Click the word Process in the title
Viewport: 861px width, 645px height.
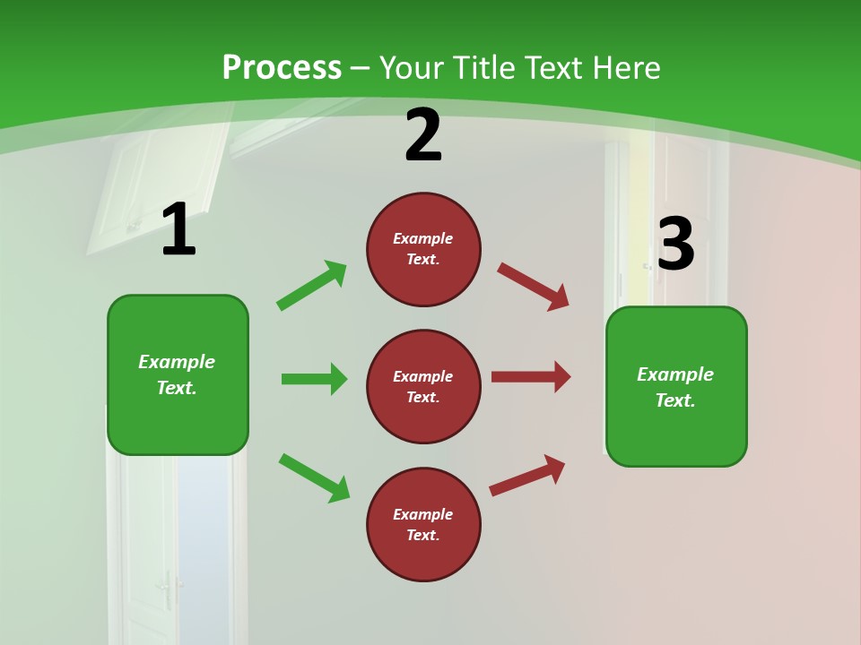[282, 68]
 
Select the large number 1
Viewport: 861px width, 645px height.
[178, 230]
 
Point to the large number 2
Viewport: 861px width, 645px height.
[423, 136]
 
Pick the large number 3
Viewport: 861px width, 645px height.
[676, 244]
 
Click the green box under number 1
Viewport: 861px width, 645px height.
[178, 374]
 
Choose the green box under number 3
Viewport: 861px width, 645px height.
[676, 386]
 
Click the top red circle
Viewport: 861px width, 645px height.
[423, 249]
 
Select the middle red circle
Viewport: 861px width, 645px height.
[423, 386]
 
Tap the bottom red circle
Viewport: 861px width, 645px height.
[423, 524]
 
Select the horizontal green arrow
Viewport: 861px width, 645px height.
[314, 379]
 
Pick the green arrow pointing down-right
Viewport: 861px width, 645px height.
[315, 477]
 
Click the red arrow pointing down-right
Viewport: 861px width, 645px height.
[534, 287]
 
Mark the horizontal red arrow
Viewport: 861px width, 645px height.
[531, 376]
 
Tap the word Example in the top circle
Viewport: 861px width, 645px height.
[423, 238]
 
